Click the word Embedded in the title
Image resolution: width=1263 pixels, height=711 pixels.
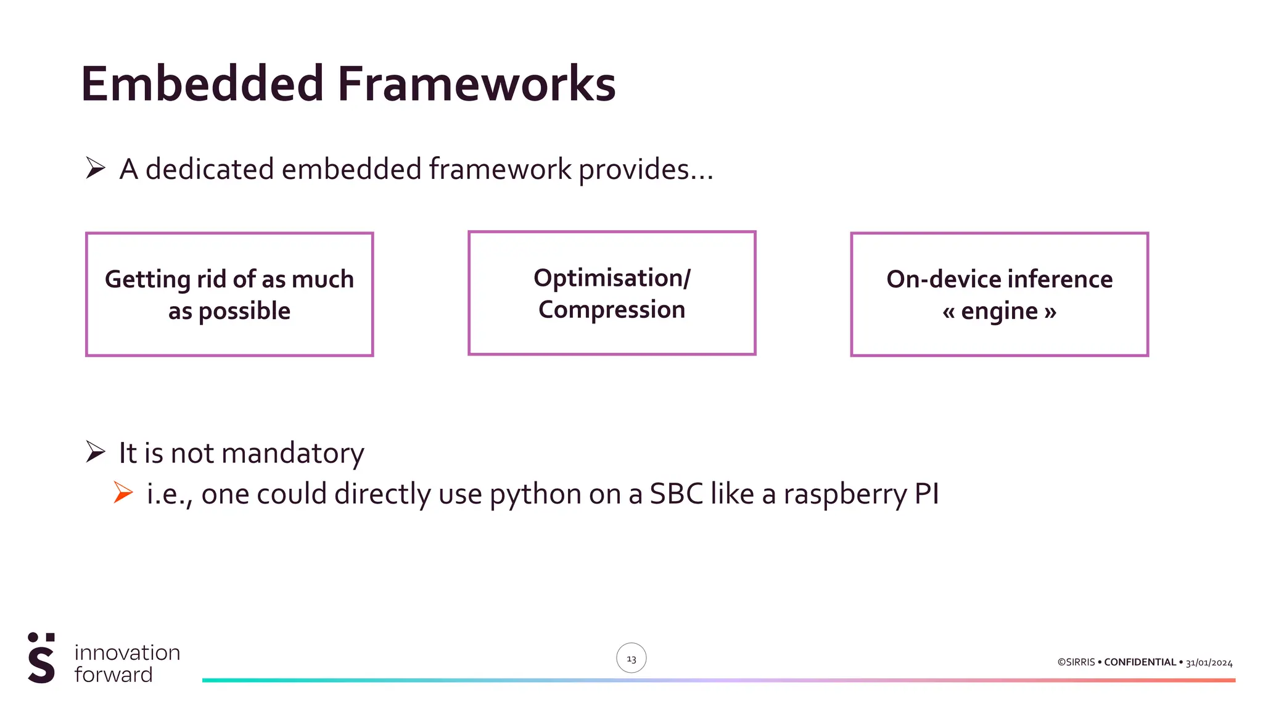(202, 84)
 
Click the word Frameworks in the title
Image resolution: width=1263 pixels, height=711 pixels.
(476, 84)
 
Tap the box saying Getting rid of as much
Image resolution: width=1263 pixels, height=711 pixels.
(229, 294)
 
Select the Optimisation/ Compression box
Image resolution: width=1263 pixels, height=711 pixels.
(612, 293)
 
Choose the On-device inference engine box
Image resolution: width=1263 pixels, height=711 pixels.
(999, 294)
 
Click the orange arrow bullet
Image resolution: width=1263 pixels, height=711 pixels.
(123, 493)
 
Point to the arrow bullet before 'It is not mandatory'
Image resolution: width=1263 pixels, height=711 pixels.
(96, 452)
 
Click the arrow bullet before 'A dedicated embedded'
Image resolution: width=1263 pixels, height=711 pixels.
(96, 168)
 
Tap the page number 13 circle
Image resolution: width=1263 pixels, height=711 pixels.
(631, 658)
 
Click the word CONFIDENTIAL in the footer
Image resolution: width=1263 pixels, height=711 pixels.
(1140, 662)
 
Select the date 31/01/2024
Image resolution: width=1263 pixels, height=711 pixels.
(1209, 663)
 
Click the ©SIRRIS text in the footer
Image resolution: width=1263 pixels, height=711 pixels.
(1076, 662)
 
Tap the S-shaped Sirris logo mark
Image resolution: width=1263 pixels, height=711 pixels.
(41, 658)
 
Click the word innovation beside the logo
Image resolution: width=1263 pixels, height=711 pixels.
(127, 652)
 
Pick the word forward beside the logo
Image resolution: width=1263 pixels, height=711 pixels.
(113, 675)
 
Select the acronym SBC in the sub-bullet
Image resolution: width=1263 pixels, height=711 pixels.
(676, 494)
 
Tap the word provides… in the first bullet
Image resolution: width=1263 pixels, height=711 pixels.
(645, 170)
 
